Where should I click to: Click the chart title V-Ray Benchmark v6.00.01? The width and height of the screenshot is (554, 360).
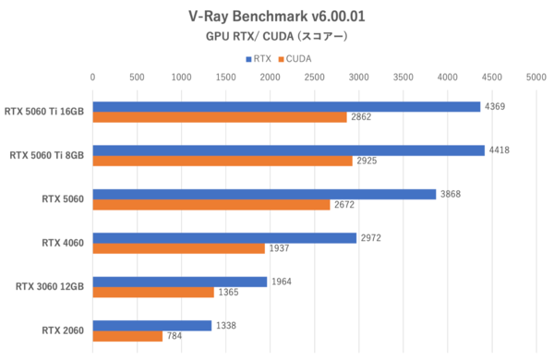pyautogui.click(x=277, y=16)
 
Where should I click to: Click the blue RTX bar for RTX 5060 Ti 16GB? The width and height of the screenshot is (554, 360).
pyautogui.click(x=286, y=107)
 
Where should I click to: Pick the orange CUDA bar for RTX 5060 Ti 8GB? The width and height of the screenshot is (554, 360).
pyautogui.click(x=223, y=162)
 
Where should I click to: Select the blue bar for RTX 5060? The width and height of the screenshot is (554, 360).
pyautogui.click(x=264, y=194)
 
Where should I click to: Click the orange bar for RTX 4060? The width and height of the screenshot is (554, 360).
pyautogui.click(x=178, y=249)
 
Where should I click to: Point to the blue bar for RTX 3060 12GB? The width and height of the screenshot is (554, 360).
pyautogui.click(x=180, y=282)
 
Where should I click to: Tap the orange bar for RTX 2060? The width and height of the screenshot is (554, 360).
pyautogui.click(x=127, y=336)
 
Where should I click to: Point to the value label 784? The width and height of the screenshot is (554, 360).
pyautogui.click(x=175, y=336)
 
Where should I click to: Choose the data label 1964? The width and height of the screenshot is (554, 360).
pyautogui.click(x=283, y=282)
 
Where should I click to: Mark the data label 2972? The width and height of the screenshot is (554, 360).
pyautogui.click(x=371, y=238)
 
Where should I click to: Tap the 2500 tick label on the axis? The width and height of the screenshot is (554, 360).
pyautogui.click(x=314, y=78)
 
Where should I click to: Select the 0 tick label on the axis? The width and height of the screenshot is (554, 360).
pyautogui.click(x=92, y=78)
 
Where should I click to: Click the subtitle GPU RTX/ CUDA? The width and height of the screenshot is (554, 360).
pyautogui.click(x=277, y=38)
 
